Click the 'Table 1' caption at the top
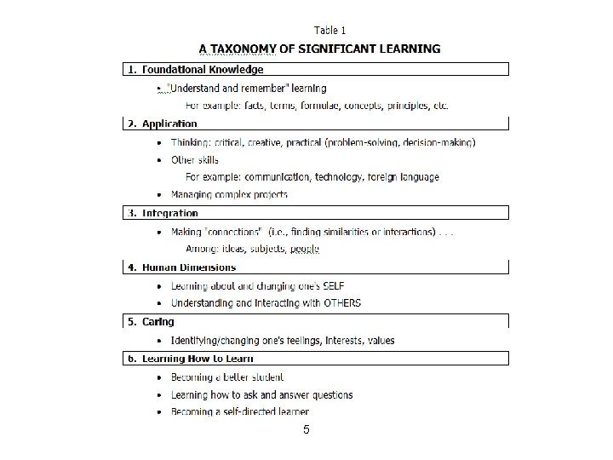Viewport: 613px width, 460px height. [329, 31]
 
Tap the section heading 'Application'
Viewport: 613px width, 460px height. [169, 124]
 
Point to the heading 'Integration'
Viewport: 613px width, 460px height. [170, 213]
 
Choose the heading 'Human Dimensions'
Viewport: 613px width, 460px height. [188, 267]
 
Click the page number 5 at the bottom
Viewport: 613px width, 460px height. [306, 430]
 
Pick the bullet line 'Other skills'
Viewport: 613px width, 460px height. [194, 159]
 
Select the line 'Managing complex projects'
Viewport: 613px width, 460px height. [229, 195]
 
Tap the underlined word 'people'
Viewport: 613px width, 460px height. [304, 249]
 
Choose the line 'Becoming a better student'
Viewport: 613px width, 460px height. [227, 377]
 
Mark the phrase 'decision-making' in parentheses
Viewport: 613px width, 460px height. [438, 142]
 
